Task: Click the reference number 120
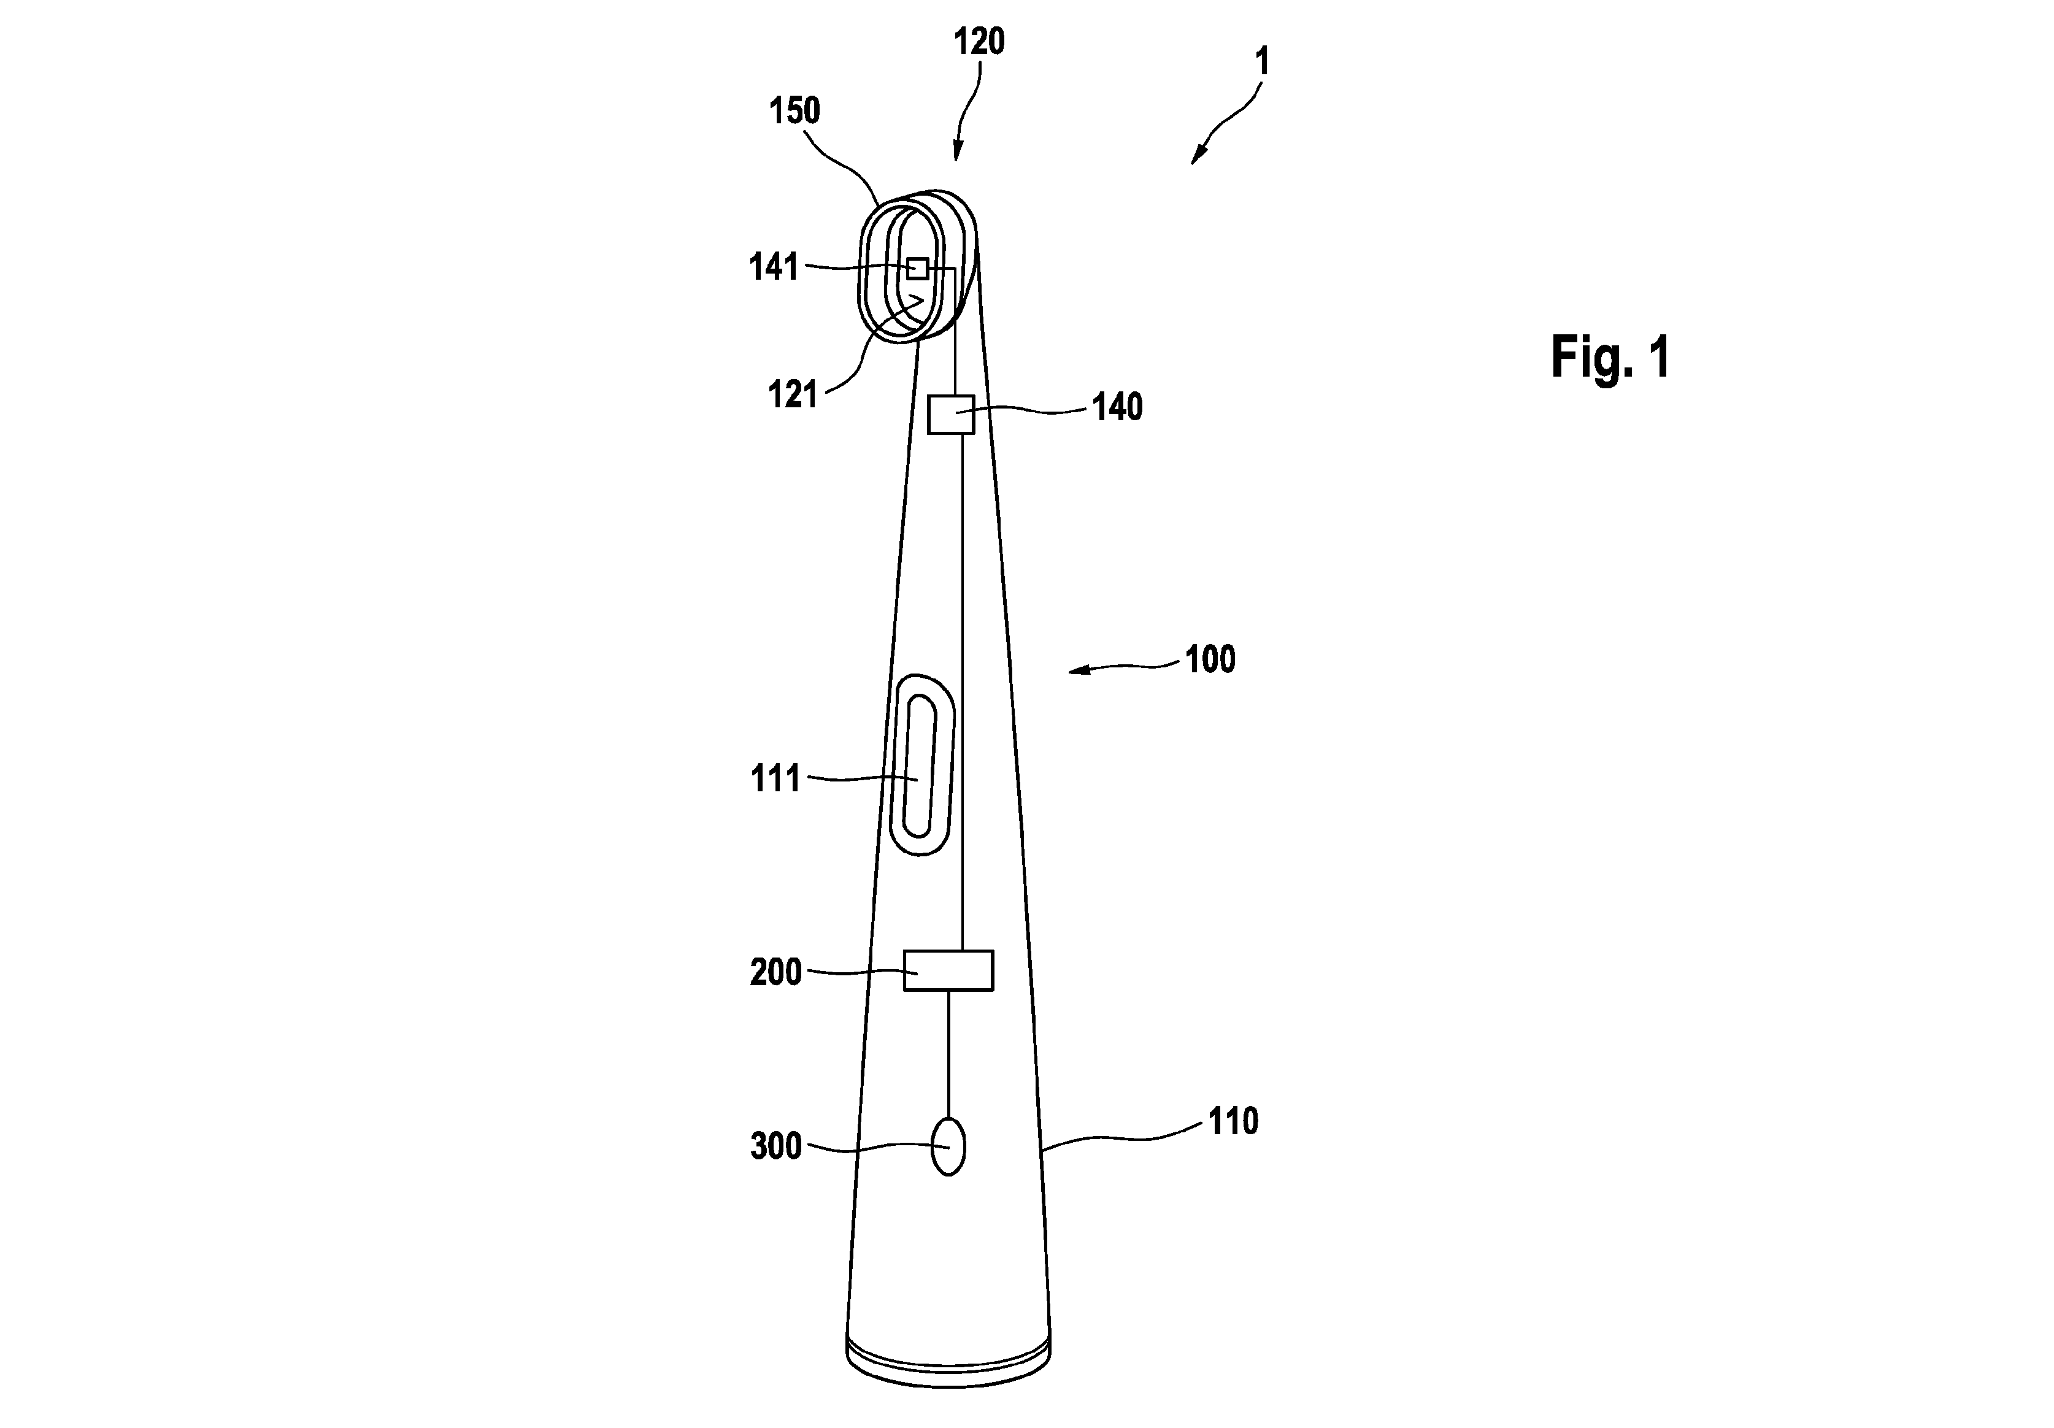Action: (x=979, y=42)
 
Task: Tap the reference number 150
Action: (x=794, y=111)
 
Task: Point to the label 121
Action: (x=793, y=394)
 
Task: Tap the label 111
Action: (x=775, y=779)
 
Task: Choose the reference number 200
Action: (x=775, y=972)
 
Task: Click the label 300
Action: (x=775, y=1146)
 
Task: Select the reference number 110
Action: (x=1233, y=1121)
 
